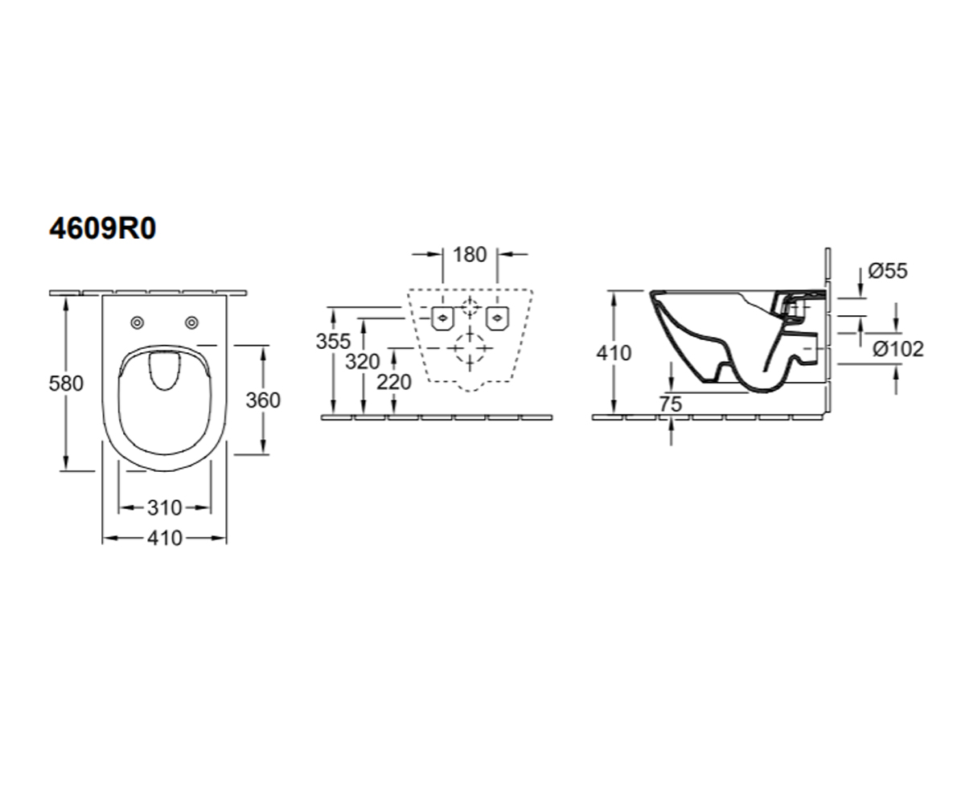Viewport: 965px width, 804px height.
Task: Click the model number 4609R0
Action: (103, 228)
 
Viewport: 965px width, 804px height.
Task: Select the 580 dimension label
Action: (66, 384)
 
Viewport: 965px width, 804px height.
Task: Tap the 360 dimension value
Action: (263, 400)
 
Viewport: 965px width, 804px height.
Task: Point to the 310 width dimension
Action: (165, 508)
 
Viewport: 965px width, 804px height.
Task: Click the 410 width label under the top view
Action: (165, 539)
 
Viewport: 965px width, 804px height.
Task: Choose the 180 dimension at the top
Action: (470, 255)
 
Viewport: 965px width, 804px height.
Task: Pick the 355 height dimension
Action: (333, 342)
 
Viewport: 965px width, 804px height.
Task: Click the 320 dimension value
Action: (363, 362)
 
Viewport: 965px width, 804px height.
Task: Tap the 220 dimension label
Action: (394, 382)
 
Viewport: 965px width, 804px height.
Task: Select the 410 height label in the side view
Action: (614, 353)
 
